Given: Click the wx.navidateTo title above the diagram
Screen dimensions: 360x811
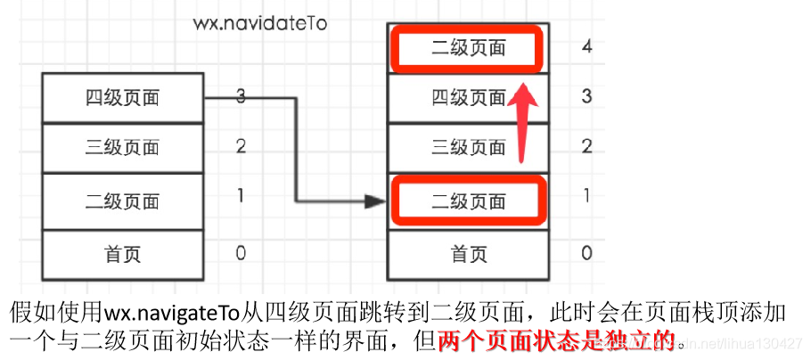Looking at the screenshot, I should pos(260,23).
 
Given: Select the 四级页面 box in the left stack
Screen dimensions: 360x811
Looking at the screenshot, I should pos(123,97).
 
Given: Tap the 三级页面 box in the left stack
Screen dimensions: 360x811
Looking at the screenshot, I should pos(123,147).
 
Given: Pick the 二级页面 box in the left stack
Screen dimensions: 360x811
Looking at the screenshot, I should pos(123,200).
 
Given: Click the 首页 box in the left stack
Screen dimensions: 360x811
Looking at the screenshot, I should pos(123,254).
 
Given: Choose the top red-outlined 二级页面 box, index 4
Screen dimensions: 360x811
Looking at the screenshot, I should pos(466,47).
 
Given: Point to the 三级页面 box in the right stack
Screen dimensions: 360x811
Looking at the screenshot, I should pos(466,148).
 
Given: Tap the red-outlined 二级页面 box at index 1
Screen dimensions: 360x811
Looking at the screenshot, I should pos(466,201).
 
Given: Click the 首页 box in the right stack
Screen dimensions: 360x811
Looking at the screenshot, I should pos(466,254).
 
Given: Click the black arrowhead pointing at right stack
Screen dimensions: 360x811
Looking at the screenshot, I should pos(374,201).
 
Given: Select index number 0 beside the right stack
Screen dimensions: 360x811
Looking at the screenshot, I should pos(586,254).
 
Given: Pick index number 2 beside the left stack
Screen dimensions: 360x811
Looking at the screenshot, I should pos(241,147).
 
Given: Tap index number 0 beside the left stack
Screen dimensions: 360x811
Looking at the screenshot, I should pos(241,254).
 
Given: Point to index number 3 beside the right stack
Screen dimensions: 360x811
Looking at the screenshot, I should pos(586,96).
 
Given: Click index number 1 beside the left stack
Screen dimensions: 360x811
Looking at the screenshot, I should pos(241,196).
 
